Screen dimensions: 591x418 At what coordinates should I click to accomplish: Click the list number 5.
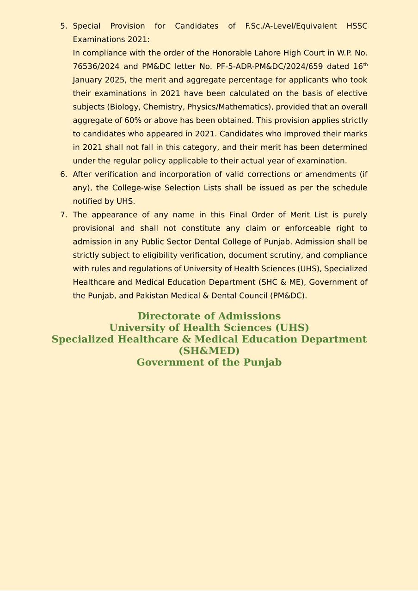(x=63, y=26)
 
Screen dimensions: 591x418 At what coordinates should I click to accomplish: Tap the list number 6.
(x=63, y=175)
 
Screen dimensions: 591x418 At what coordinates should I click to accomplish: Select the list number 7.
(x=63, y=215)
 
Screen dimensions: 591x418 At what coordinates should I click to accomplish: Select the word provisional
(x=94, y=228)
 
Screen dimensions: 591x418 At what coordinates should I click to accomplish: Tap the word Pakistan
(x=152, y=296)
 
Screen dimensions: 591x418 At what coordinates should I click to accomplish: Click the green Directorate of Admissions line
(x=209, y=316)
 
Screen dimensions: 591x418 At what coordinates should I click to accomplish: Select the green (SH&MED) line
(x=209, y=351)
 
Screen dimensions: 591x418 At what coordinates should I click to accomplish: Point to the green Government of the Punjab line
(x=209, y=362)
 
